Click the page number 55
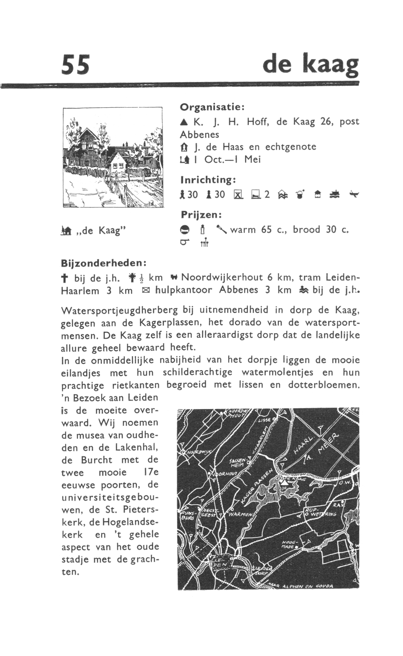coord(75,64)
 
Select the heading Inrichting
coord(208,179)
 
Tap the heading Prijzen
coord(201,215)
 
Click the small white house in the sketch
coord(117,162)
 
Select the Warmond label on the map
coord(241,514)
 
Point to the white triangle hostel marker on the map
coord(283,480)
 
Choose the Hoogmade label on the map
coord(288,544)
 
